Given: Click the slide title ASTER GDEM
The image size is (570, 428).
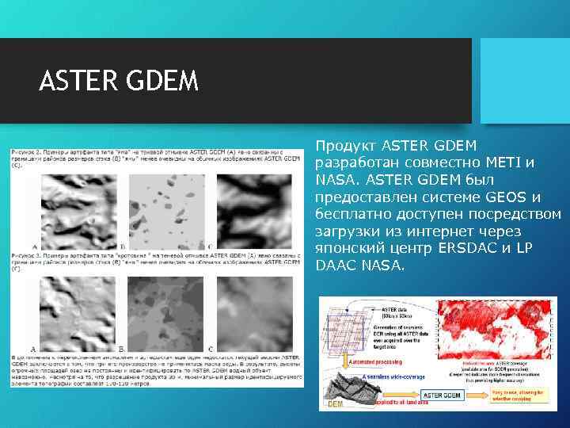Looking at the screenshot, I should pos(119,81).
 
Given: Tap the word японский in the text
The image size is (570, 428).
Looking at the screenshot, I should pos(345,249).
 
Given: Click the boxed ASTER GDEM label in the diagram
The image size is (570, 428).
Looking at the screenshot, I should pos(442,395).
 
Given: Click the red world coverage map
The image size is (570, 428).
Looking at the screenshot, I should pos(496,333).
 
